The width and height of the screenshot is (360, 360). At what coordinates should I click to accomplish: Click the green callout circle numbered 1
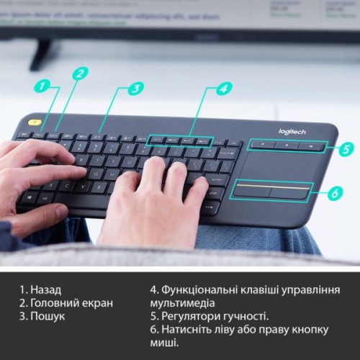[x=45, y=86]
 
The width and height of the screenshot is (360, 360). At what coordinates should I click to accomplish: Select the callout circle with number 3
[x=135, y=89]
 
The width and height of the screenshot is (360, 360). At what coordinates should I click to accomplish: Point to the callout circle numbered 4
[x=224, y=89]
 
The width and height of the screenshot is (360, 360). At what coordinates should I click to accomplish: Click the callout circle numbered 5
[x=346, y=149]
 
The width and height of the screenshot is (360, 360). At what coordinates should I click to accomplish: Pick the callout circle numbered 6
[x=333, y=193]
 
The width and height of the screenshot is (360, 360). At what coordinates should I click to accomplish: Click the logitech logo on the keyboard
[x=292, y=131]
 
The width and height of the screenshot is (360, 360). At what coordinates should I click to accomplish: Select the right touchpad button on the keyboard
[x=290, y=192]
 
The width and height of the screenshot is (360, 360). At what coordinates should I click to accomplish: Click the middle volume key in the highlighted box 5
[x=287, y=146]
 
